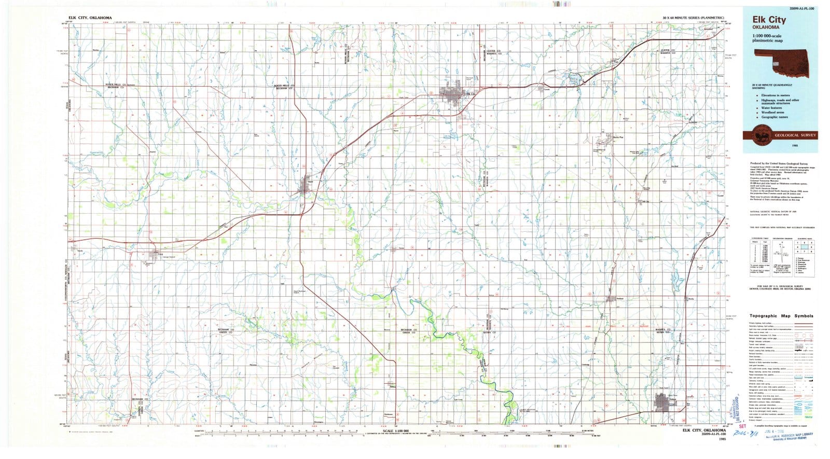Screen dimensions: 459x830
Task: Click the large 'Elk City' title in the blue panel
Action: click(769, 20)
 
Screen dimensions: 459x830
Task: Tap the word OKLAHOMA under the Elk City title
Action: click(765, 27)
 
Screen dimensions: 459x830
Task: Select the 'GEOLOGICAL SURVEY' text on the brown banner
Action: click(795, 135)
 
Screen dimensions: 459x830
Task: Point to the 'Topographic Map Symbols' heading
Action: click(781, 316)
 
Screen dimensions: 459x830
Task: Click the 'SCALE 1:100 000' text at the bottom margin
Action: click(396, 431)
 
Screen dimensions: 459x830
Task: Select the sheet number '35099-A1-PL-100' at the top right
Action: click(801, 9)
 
